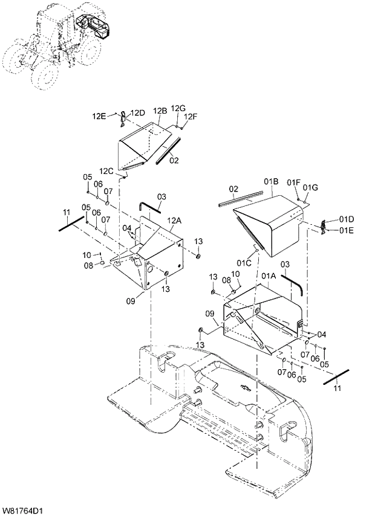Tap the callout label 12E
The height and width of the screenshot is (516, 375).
pos(99,115)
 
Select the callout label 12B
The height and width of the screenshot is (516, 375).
pos(160,111)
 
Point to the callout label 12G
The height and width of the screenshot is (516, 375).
pos(178,108)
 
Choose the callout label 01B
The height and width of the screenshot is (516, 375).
pos(270,181)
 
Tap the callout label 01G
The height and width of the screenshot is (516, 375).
pos(310,187)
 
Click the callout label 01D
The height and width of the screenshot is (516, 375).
pos(346,218)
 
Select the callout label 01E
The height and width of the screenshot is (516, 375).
pos(346,230)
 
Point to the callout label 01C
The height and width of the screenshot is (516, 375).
pos(244,262)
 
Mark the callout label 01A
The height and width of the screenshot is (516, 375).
pos(269,276)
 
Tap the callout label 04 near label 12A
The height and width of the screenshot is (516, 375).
pos(127,228)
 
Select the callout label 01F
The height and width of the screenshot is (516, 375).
pos(294,182)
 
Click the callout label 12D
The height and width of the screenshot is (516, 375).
pos(138,113)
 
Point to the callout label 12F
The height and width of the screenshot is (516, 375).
pos(191,117)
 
